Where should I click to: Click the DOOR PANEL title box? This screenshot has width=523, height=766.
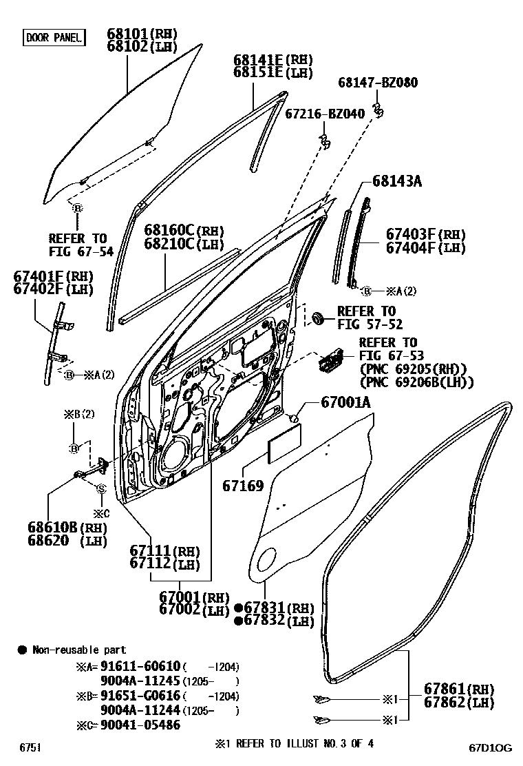tap(54, 37)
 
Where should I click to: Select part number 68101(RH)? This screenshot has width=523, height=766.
tap(142, 34)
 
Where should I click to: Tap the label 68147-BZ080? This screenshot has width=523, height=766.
tap(377, 83)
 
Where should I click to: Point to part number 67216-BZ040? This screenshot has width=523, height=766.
tap(325, 114)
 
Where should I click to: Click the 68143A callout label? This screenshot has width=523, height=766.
tap(397, 182)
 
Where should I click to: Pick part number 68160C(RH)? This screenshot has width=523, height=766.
tap(184, 230)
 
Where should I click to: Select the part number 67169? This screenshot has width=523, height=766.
tap(242, 486)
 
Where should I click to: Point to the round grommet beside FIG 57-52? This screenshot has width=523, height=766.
tap(318, 318)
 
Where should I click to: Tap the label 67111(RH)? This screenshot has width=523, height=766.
tap(164, 552)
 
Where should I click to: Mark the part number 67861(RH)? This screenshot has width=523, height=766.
tap(459, 690)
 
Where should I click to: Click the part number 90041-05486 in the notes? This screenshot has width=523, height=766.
tap(141, 725)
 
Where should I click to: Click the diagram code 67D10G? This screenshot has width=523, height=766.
tap(491, 748)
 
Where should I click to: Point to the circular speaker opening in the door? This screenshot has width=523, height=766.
tap(179, 457)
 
